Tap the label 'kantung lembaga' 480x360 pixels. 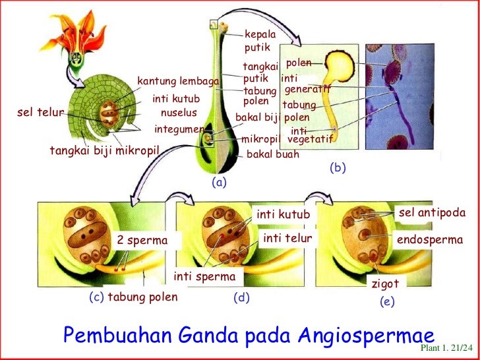tap(177, 81)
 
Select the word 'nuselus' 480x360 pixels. tap(179, 113)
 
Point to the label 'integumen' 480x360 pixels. tap(179, 129)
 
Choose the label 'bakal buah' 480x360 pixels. tap(272, 155)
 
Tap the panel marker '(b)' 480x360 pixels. tap(338, 168)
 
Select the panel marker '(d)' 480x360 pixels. tap(241, 297)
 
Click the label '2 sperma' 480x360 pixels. tap(142, 241)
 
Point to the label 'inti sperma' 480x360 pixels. tap(204, 275)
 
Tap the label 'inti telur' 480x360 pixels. tap(287, 237)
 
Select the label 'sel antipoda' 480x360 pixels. tap(432, 214)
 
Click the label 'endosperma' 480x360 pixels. tap(430, 241)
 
